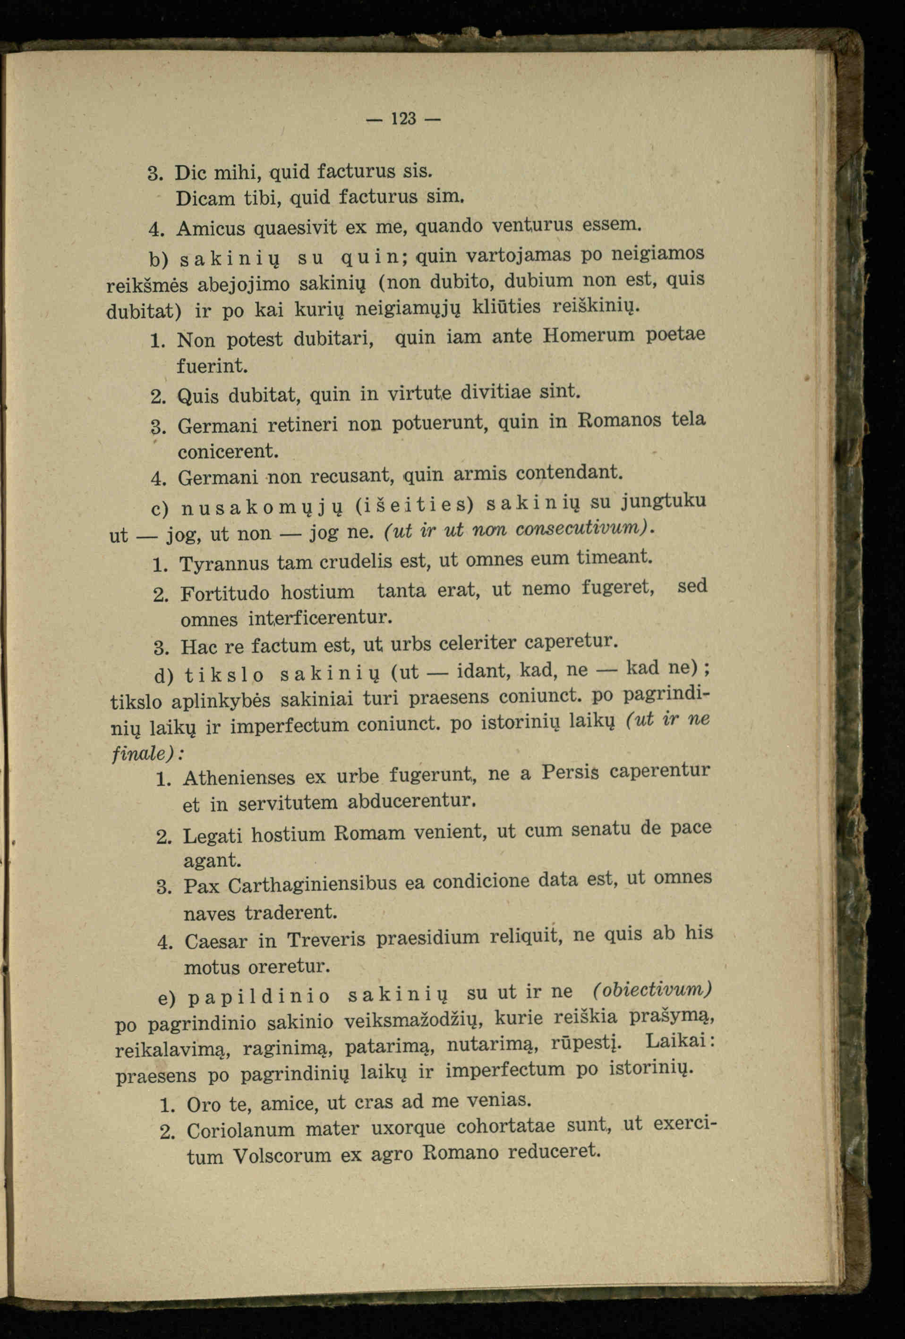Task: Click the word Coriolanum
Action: tap(241, 1130)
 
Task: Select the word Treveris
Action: tap(326, 940)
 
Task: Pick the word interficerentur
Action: tap(321, 618)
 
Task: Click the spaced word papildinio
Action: tap(259, 997)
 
